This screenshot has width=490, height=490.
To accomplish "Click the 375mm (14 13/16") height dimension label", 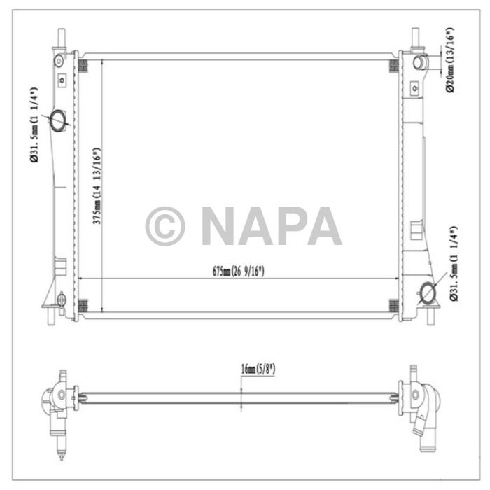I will click(x=98, y=185).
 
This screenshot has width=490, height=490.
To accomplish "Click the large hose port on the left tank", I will click(x=58, y=120).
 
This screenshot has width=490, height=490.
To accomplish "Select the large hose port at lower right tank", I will click(x=427, y=292).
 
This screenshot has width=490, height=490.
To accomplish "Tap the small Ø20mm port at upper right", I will click(x=420, y=64).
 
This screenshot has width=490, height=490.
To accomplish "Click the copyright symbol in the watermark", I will click(x=164, y=226).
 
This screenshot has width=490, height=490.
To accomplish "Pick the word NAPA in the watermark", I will click(x=271, y=226).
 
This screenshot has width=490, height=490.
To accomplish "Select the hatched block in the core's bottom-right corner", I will click(x=393, y=306).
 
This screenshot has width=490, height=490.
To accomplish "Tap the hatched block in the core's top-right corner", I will click(x=393, y=66).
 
